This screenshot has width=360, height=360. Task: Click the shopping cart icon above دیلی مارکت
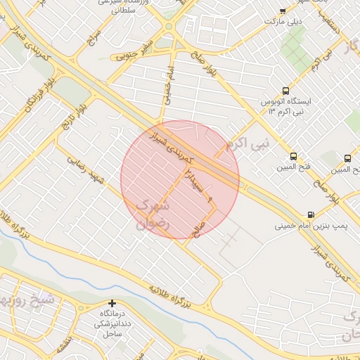click(x=283, y=11)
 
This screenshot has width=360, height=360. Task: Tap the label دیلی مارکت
click(x=283, y=22)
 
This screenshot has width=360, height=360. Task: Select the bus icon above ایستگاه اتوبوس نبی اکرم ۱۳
click(x=285, y=91)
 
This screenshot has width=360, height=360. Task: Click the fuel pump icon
click(x=311, y=214)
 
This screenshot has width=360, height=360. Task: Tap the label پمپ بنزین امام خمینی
click(x=309, y=226)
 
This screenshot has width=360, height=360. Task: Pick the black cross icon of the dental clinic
click(x=112, y=303)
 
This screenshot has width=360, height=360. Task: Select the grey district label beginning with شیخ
click(x=25, y=296)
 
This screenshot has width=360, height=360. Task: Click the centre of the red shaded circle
click(x=180, y=179)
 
